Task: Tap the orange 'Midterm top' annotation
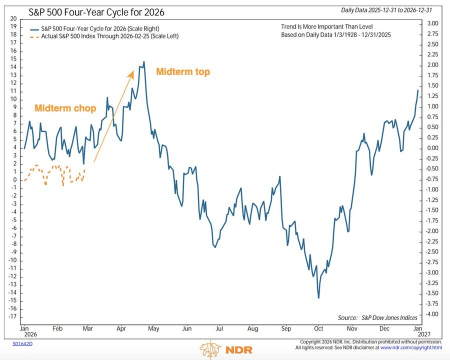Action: (183, 72)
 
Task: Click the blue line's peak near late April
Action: (144, 62)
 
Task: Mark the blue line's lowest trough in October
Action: (319, 298)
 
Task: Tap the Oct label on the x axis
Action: (319, 329)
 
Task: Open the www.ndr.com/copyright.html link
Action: (411, 347)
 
